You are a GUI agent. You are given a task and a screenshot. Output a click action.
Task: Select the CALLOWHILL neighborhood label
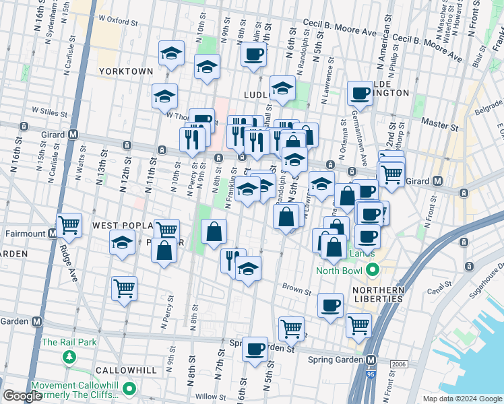(x=126, y=370)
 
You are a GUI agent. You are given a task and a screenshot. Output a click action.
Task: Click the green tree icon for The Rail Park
(x=68, y=356)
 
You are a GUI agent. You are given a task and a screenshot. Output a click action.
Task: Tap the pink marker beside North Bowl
(x=371, y=271)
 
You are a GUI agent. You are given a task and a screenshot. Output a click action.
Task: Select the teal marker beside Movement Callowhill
(x=129, y=389)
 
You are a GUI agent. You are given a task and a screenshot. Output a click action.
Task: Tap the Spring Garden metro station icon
(x=370, y=360)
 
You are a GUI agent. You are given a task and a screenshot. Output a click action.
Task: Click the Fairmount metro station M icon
(x=53, y=234)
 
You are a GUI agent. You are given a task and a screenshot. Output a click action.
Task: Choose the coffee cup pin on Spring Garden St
(x=255, y=349)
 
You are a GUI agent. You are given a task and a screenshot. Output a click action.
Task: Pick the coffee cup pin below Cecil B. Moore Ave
(x=253, y=54)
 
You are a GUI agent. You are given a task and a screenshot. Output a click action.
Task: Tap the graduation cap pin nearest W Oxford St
(x=171, y=53)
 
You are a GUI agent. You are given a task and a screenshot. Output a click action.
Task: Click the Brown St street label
(x=296, y=292)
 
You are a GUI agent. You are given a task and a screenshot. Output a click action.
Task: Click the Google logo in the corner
(x=22, y=396)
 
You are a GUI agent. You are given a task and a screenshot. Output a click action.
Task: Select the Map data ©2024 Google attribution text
(x=462, y=399)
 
